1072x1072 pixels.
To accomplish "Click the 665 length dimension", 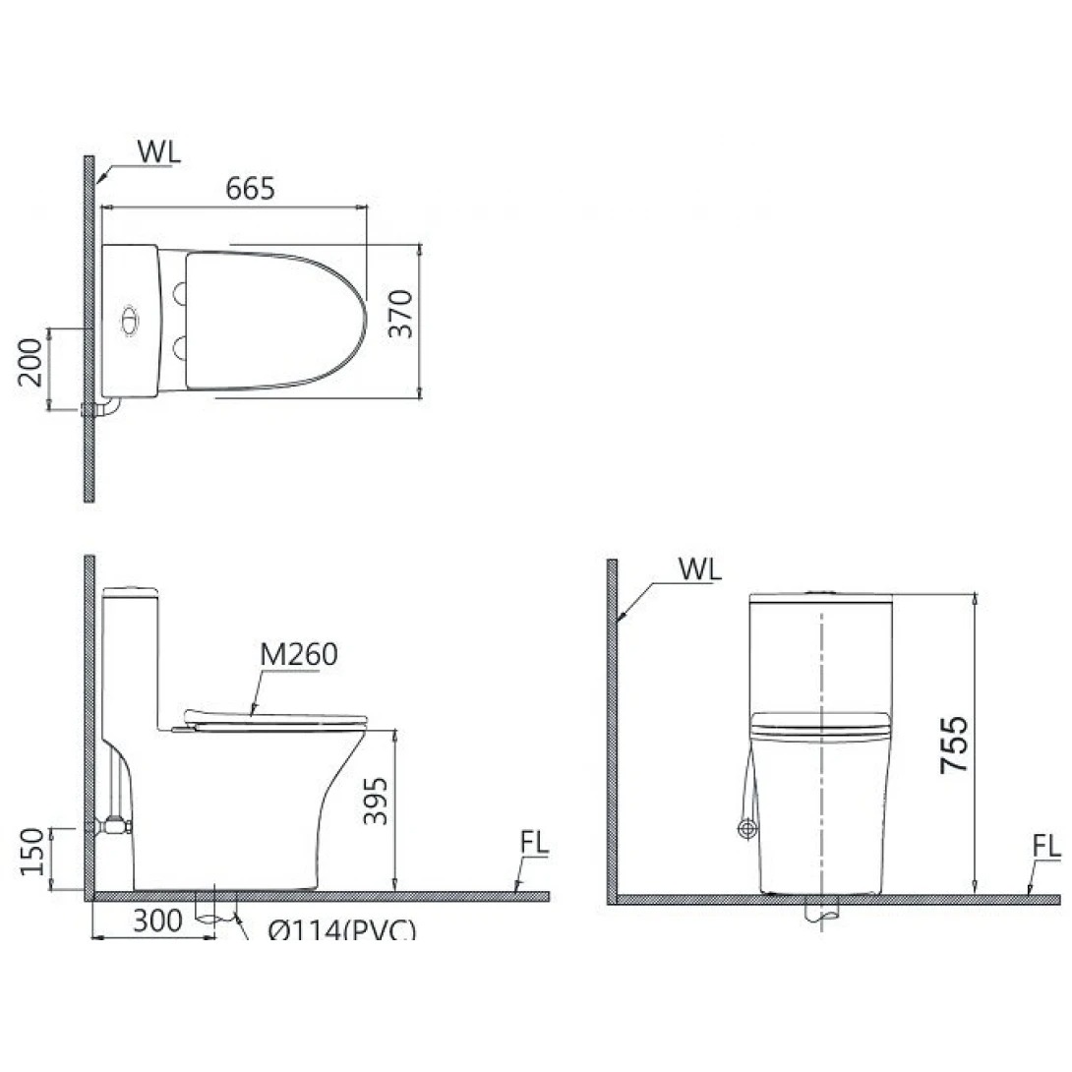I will tap(250, 189).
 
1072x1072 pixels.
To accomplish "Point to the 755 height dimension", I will tap(952, 744).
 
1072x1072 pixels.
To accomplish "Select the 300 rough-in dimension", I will tap(157, 922).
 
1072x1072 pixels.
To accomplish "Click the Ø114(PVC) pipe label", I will tap(340, 929).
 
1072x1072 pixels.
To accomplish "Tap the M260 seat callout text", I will tap(298, 654).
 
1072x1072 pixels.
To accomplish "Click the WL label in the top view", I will tap(158, 152).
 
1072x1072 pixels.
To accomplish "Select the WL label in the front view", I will tap(699, 568).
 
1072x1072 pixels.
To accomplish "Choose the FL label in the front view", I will tap(1046, 846).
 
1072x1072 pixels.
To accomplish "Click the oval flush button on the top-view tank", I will tap(128, 320).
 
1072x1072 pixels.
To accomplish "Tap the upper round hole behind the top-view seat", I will tap(180, 292).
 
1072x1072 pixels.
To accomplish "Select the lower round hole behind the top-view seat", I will tap(180, 347).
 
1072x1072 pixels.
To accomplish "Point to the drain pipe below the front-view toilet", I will tap(820, 913).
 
